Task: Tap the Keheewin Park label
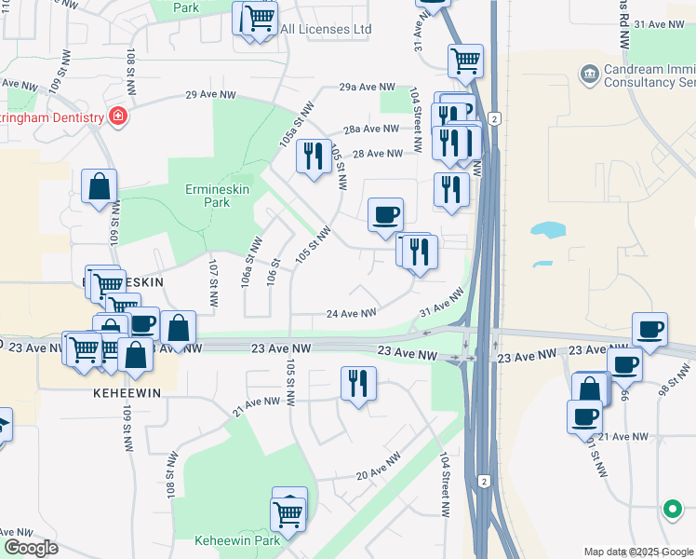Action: coord(237,540)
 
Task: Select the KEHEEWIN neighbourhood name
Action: coord(127,393)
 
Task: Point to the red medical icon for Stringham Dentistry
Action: coord(118,116)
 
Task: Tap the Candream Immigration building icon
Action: coord(588,73)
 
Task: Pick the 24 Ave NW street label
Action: coord(351,314)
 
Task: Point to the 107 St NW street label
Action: coord(213,283)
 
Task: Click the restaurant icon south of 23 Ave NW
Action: coord(358,383)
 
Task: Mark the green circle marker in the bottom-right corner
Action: coord(671,509)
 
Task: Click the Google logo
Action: coord(30,548)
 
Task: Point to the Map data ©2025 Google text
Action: coord(638,552)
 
